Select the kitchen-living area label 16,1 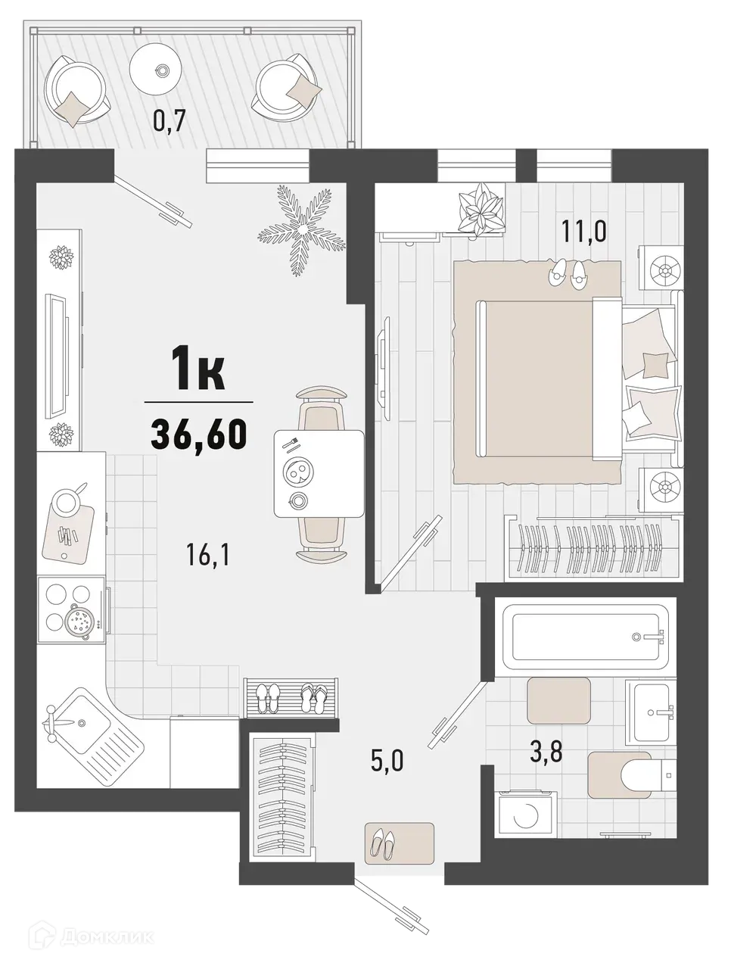(207, 556)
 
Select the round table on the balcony (160, 69)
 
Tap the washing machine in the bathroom (525, 815)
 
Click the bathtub (587, 637)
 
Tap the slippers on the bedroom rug (567, 273)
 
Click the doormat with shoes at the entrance (400, 843)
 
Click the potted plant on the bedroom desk (481, 207)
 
